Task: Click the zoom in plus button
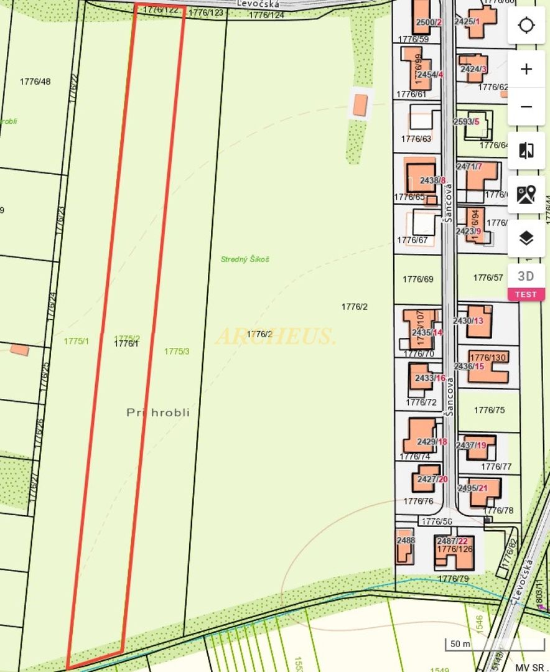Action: point(526,69)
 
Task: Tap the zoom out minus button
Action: point(526,107)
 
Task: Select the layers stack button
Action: point(526,238)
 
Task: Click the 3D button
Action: point(526,276)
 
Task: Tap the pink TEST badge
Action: point(526,295)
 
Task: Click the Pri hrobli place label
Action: point(158,413)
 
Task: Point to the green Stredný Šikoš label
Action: point(245,259)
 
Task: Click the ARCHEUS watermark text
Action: point(276,336)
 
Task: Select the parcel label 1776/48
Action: point(35,82)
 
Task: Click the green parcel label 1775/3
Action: point(177,352)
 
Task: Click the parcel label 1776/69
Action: point(418,279)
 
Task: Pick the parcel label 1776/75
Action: point(489,410)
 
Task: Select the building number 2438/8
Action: point(433,180)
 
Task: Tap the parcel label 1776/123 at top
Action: point(205,12)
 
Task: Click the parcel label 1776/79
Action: point(454,579)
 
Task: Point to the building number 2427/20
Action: point(432,479)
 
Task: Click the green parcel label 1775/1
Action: point(77,341)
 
